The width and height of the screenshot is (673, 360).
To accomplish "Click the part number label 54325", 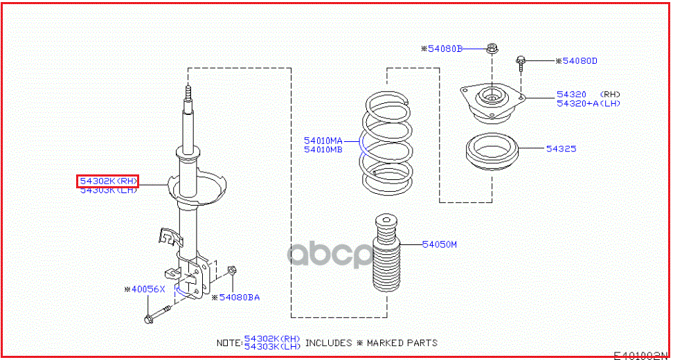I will click(562, 149).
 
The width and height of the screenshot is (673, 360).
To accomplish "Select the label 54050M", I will click(440, 244).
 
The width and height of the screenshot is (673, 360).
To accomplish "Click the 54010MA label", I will click(323, 141).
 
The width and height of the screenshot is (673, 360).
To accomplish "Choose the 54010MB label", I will click(323, 150).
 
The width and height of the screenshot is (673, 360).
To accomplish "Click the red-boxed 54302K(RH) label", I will click(108, 181).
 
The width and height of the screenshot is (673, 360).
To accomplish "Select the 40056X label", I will click(145, 289).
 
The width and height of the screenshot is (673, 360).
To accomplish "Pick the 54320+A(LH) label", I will click(589, 104).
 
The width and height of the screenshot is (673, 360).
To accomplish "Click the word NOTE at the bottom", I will click(229, 343).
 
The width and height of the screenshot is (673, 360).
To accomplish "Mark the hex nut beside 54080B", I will click(491, 48).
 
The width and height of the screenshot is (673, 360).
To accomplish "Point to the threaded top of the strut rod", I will click(187, 94).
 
